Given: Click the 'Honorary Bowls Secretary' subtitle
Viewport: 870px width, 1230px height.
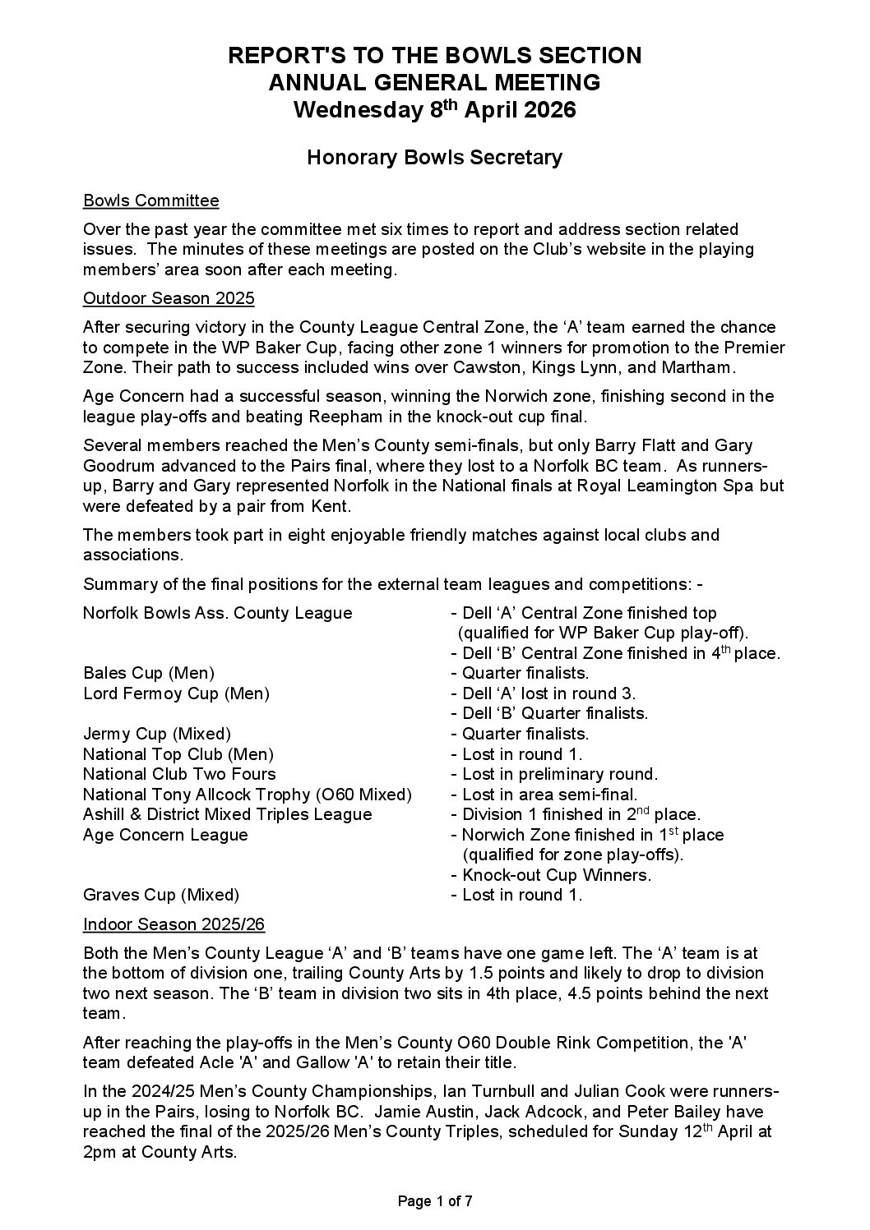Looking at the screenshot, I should (x=434, y=157).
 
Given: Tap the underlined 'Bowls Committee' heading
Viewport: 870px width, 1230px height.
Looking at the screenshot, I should (x=151, y=201).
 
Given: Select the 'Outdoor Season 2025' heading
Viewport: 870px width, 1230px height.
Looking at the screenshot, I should (x=169, y=298).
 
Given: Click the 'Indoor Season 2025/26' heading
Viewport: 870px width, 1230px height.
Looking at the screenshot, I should (x=174, y=924).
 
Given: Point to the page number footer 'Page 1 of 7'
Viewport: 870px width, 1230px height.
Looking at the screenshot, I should (x=435, y=1201).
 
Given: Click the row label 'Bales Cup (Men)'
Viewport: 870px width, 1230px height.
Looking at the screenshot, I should (x=149, y=674).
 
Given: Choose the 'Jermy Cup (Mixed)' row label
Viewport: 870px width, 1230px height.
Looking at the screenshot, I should (x=157, y=734).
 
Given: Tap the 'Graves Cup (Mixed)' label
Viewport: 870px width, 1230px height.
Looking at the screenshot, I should (x=161, y=895).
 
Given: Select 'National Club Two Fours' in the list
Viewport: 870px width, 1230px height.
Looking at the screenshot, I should (x=179, y=774).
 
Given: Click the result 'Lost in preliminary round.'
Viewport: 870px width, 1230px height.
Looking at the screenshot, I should (x=559, y=774).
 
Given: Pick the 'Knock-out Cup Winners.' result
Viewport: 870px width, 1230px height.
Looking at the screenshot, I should (x=557, y=875).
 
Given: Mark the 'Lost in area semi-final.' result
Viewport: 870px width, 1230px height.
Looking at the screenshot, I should (x=549, y=795).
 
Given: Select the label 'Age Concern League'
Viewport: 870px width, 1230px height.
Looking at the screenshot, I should (x=165, y=835).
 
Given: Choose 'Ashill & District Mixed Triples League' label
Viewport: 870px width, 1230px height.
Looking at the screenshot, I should (x=228, y=814).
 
